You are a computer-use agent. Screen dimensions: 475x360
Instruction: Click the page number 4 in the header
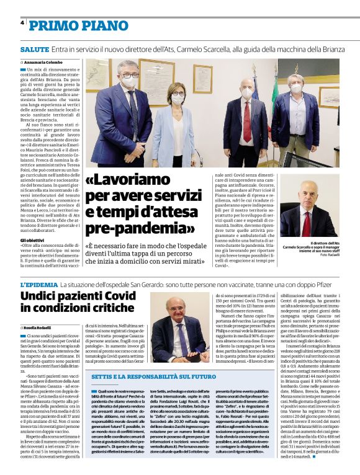point(22,23)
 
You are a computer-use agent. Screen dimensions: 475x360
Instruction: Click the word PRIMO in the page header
point(51,25)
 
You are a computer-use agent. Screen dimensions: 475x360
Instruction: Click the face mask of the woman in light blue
point(178,99)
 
